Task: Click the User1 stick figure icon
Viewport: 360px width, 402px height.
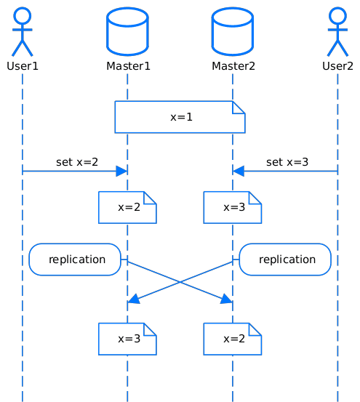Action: [x=23, y=30]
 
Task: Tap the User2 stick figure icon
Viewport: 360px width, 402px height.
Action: [x=337, y=30]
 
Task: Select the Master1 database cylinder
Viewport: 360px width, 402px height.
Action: [x=127, y=31]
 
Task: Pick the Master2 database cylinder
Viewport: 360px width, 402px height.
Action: [x=233, y=31]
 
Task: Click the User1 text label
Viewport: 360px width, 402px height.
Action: [x=23, y=66]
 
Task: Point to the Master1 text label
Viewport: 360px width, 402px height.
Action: [x=128, y=66]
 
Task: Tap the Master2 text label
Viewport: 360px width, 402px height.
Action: [x=233, y=66]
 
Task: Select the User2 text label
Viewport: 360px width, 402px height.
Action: [x=337, y=66]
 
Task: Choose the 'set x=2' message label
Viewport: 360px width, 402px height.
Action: [x=77, y=162]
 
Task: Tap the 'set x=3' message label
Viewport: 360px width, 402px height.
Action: [x=287, y=162]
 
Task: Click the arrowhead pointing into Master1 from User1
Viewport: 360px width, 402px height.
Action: [x=121, y=171]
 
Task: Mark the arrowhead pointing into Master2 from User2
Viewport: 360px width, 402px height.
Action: [x=239, y=171]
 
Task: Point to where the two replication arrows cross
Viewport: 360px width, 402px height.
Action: [x=180, y=282]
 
